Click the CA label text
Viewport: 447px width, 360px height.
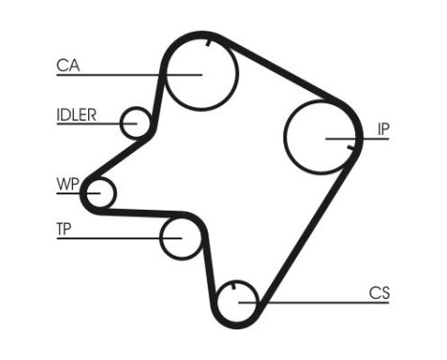coord(67,65)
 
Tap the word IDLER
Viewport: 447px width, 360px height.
coord(76,115)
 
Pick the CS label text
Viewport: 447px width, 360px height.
coord(379,293)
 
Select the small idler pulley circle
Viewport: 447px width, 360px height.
coord(137,123)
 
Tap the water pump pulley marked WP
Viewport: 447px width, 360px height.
coord(97,193)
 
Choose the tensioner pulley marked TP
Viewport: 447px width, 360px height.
coord(179,237)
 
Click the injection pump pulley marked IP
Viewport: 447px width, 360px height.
coord(321,137)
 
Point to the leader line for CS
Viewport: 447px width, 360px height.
coord(316,304)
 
